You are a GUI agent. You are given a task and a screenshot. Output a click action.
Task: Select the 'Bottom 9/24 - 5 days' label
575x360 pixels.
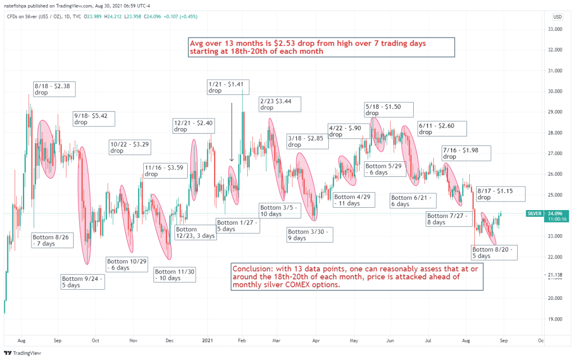coord(82,281)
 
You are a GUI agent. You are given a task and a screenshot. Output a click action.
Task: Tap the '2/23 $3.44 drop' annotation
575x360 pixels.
coord(279,104)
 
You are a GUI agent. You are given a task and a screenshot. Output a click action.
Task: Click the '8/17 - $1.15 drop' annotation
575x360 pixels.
coord(500,194)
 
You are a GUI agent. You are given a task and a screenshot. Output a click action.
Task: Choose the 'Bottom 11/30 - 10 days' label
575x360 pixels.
coord(175,275)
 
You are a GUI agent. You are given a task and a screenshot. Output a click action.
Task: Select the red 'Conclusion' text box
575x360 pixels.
coord(356,277)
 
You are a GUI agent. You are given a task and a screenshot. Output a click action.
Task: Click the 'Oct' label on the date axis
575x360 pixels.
coord(96,340)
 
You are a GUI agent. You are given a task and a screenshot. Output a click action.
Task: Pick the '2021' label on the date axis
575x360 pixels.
coord(208,340)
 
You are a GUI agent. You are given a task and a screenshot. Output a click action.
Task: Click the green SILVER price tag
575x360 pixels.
coord(533,213)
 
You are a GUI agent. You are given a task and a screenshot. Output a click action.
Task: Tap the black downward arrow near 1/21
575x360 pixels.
coord(232,132)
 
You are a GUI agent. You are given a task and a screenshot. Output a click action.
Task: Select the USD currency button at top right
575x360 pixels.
coord(557,16)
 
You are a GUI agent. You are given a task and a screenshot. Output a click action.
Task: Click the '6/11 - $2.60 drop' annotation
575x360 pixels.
coord(442,129)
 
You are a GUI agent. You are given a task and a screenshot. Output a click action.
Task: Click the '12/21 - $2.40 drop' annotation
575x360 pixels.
coord(193,126)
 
